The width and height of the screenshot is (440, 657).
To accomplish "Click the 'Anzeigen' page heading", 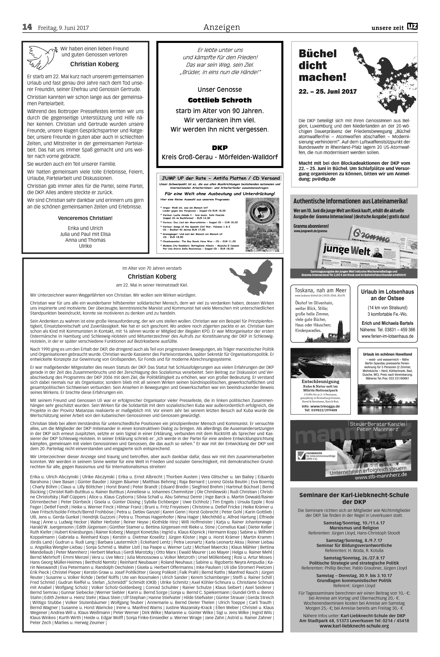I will pos(222,27).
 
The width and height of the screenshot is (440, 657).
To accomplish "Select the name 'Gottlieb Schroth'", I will pos(220,100).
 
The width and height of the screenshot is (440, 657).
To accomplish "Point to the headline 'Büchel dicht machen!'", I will pos(322,65).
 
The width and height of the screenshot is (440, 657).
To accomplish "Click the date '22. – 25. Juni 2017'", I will pos(328,91).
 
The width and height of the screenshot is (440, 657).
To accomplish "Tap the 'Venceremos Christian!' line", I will pos(85,218).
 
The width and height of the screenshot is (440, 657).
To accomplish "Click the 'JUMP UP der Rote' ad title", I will pos(220,178).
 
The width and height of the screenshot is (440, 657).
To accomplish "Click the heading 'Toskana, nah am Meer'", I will pos(320,290).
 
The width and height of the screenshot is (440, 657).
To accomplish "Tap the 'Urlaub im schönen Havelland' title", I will pos(387,354).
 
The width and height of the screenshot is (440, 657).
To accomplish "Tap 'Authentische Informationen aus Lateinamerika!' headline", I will pos(350,201).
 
